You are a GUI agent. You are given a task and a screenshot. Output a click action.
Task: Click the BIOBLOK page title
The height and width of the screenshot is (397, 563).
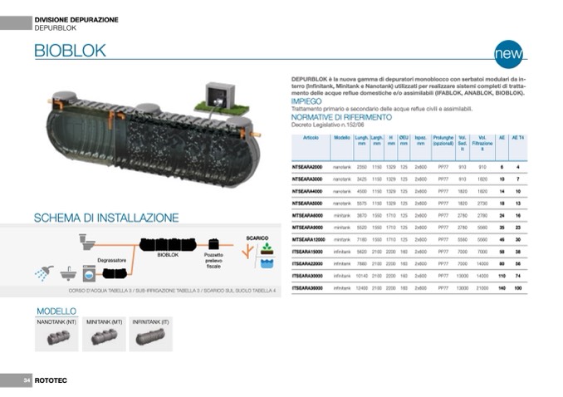(x=70, y=51)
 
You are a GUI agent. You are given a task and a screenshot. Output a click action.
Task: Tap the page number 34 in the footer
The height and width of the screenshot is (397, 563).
(x=27, y=380)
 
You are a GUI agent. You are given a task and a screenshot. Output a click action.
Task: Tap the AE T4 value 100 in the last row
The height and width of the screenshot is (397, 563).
(x=517, y=287)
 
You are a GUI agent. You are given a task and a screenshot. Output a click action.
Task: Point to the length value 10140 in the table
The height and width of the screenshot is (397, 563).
(x=361, y=275)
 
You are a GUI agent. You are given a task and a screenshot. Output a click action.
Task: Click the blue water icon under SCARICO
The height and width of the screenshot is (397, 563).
(x=267, y=263)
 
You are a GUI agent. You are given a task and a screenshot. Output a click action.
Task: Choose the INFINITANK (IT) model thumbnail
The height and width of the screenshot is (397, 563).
(x=152, y=336)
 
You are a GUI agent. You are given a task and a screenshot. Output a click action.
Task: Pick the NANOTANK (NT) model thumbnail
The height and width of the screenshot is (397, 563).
(x=57, y=336)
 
